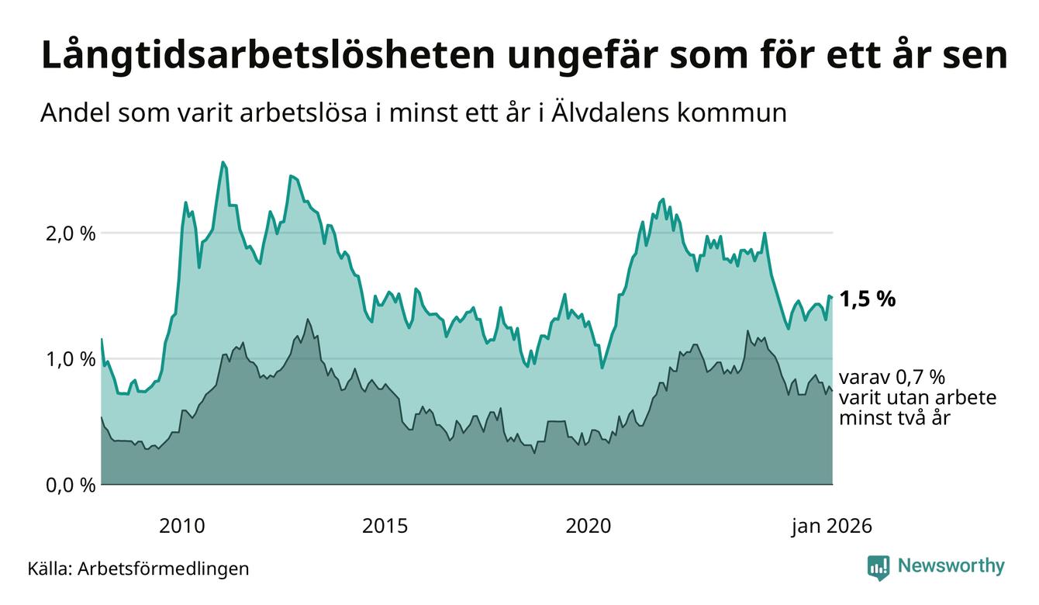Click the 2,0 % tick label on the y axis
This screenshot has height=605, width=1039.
(x=69, y=233)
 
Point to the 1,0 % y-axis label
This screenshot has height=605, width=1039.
(x=69, y=359)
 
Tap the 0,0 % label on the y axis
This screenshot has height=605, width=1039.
(x=69, y=486)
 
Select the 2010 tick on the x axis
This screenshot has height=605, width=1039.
(x=182, y=527)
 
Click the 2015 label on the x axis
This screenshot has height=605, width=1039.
(x=385, y=527)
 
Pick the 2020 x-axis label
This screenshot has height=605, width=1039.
(x=589, y=527)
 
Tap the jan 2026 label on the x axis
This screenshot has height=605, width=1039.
(x=831, y=527)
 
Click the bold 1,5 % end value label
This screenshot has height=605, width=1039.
(x=867, y=299)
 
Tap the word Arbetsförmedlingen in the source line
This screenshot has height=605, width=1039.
(x=164, y=569)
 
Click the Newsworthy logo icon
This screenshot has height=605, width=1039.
(x=878, y=567)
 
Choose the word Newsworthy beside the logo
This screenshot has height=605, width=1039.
(x=951, y=566)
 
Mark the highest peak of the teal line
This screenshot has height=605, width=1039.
(x=223, y=162)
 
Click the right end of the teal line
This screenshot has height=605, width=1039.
(x=832, y=297)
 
